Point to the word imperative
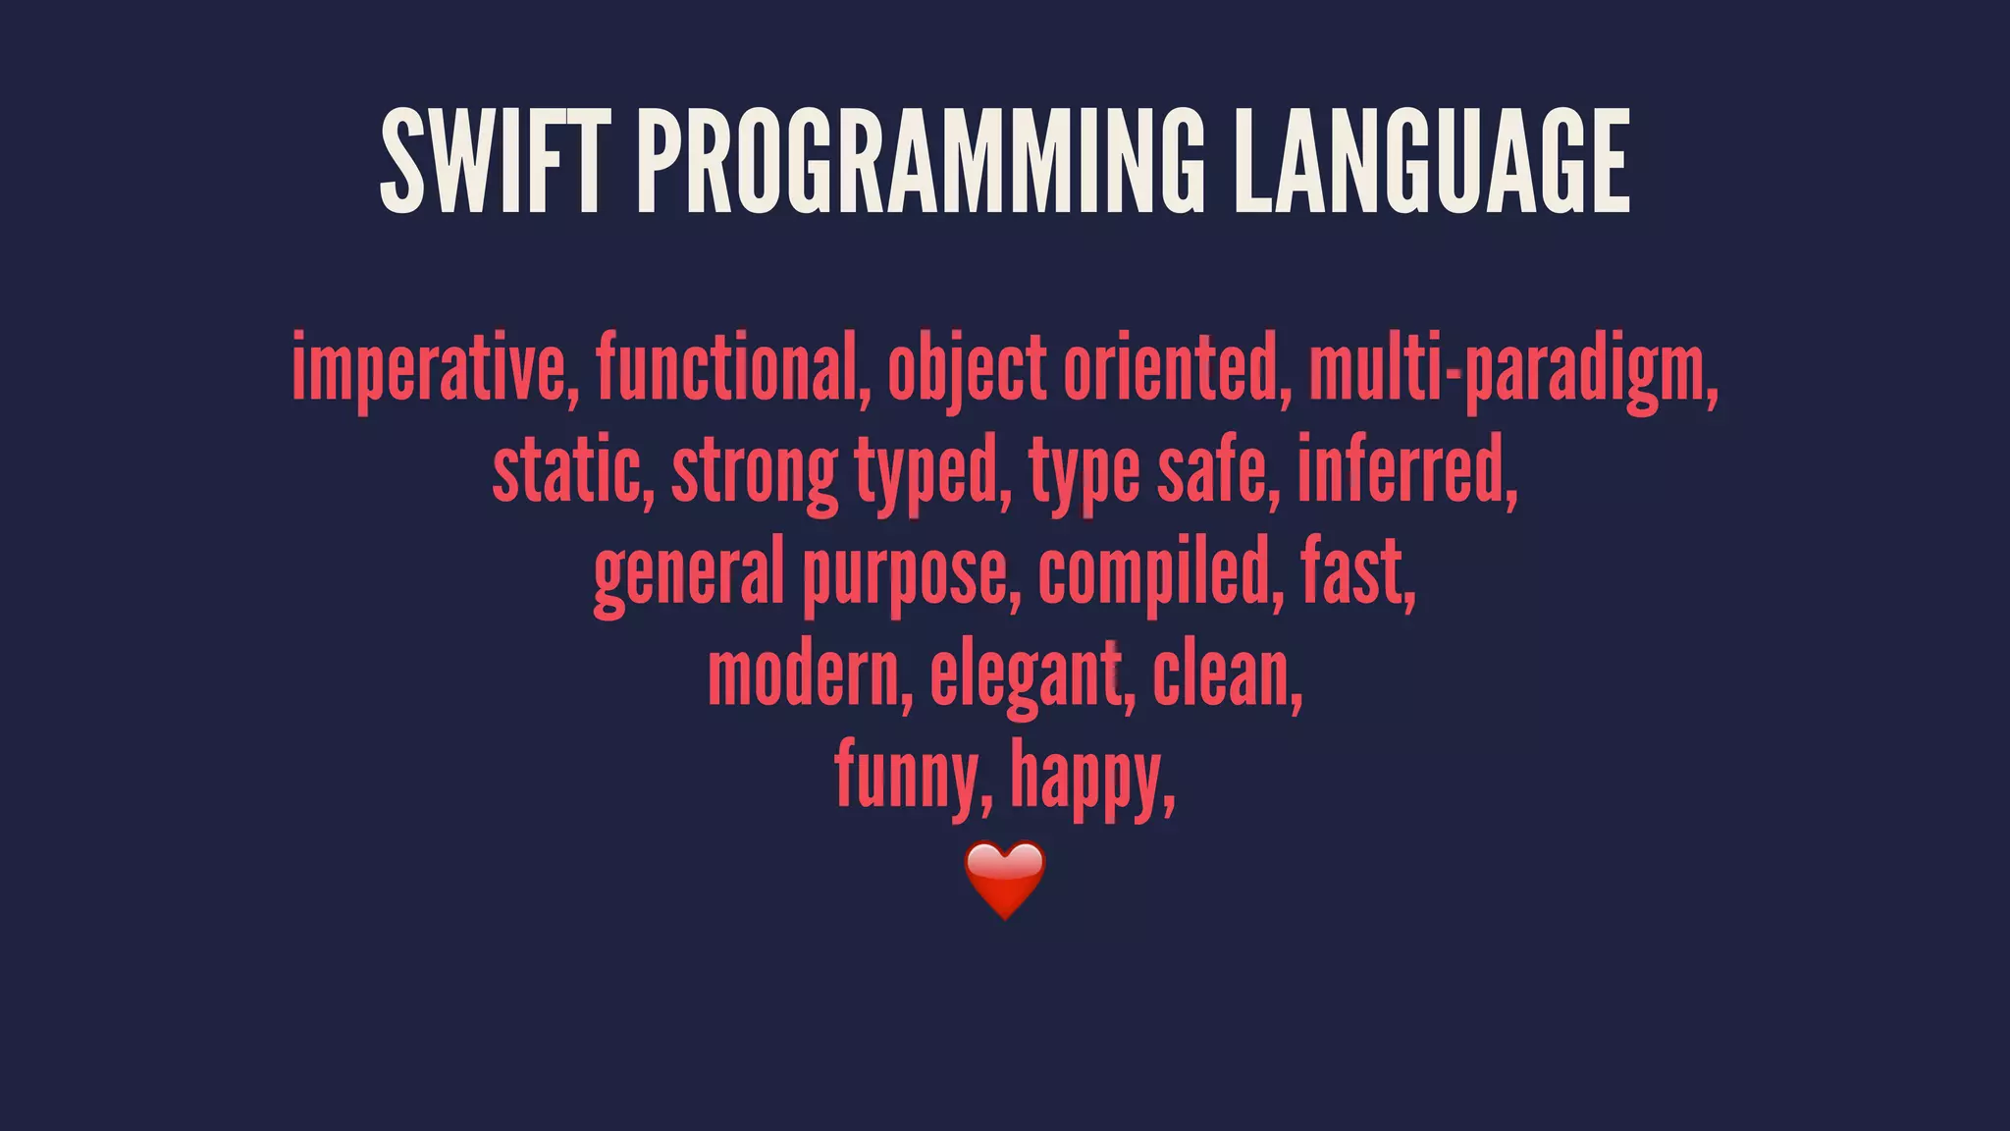428,368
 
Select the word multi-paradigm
1511,368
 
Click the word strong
754,471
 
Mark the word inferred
1404,471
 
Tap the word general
688,574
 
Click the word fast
1355,574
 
